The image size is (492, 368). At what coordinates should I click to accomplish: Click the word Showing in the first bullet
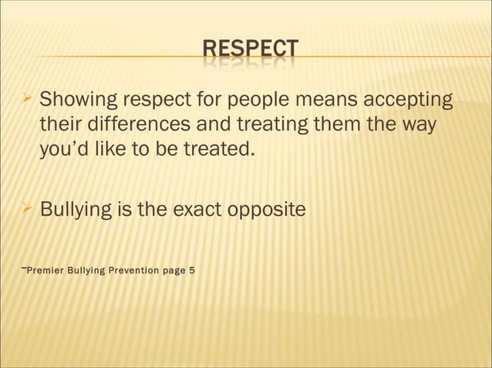point(75,100)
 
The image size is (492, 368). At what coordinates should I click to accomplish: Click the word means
point(317,100)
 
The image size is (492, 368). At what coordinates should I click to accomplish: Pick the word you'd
point(62,148)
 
